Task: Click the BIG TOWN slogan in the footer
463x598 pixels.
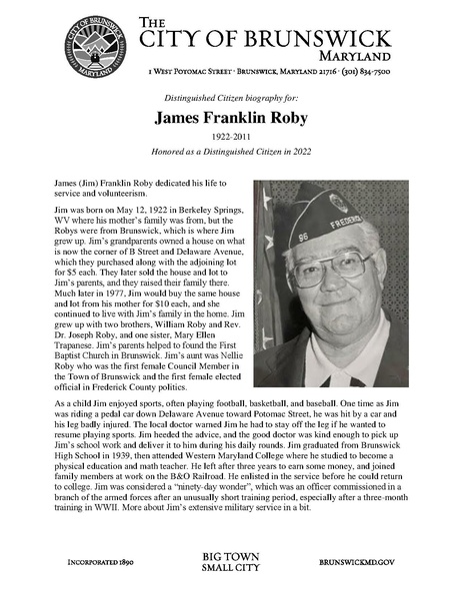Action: [231, 555]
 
